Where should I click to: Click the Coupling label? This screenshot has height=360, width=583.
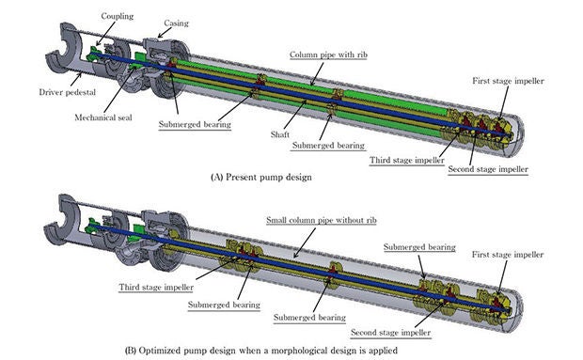[118, 16]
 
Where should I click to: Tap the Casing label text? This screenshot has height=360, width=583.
[176, 23]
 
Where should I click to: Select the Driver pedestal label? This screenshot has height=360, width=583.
[68, 92]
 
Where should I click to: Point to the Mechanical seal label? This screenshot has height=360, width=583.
[103, 117]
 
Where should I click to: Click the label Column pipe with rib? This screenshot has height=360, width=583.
[328, 55]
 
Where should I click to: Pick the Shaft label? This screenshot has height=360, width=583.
[280, 134]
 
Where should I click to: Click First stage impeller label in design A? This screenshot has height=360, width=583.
[508, 81]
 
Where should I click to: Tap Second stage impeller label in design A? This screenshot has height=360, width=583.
[488, 169]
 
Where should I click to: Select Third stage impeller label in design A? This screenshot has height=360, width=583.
[407, 160]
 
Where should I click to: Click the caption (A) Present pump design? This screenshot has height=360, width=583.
[261, 177]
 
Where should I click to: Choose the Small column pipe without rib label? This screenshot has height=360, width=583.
[322, 220]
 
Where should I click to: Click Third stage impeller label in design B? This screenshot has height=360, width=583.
[156, 288]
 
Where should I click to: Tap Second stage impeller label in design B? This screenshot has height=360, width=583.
[390, 333]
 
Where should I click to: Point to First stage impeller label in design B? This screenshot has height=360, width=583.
[508, 255]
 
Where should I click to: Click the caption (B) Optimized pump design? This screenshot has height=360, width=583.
[261, 351]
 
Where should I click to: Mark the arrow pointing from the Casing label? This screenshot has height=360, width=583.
[164, 34]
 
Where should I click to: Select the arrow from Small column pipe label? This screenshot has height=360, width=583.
[304, 243]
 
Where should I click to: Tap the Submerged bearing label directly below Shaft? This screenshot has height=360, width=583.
[328, 146]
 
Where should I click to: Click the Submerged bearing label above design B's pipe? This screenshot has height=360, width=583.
[419, 247]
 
